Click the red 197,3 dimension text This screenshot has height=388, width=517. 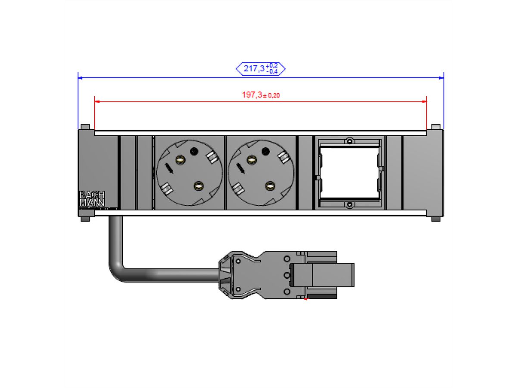(x=261, y=95)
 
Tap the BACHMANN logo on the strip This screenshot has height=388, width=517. (x=92, y=198)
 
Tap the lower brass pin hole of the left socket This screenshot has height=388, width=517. (x=198, y=186)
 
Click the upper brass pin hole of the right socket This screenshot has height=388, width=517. (x=250, y=160)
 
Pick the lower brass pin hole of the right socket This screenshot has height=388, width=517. (x=270, y=186)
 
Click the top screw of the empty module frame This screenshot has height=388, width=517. (x=350, y=141)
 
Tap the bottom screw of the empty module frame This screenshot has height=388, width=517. (x=350, y=204)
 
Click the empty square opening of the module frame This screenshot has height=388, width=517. (x=349, y=172)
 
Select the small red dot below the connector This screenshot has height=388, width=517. (x=305, y=299)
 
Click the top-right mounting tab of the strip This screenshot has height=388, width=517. (x=436, y=127)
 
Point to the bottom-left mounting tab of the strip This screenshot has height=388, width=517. (x=85, y=219)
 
